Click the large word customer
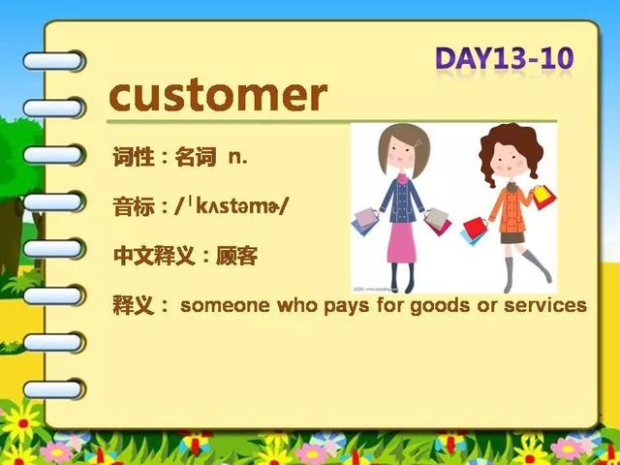218,96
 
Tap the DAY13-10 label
504,58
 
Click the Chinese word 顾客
236,256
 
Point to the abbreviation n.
238,158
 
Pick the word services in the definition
545,305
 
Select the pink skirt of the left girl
402,242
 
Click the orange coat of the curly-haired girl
511,209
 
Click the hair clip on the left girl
418,142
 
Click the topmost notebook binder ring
53,61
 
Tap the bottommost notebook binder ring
54,389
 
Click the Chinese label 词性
134,157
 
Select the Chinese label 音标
134,206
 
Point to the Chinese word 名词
196,157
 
